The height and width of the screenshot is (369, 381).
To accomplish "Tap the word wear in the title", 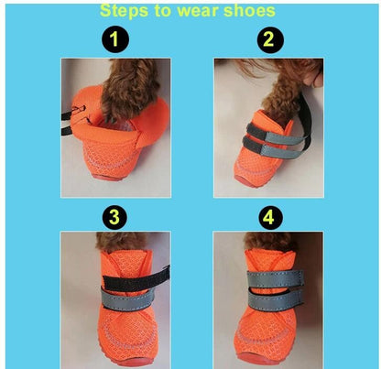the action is pos(197,11).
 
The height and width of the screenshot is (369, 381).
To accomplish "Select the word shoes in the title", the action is pos(249,11).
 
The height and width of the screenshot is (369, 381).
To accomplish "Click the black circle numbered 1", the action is pos(114,39).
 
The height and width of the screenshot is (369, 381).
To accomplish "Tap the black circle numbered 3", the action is pos(114,217).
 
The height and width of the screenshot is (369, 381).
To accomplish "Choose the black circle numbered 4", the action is pos(268,217).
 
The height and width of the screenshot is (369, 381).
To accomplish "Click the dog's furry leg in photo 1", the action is pos(130,89).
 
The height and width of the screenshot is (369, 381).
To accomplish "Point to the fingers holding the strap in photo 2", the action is pos(313,78).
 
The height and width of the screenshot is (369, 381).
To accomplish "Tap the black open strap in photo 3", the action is pos(136,279).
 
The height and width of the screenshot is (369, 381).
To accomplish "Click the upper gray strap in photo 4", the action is pos(276,278).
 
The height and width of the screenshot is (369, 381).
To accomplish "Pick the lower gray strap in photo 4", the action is pos(276,298).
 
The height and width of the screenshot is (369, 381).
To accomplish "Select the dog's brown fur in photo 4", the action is pos(268,241).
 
